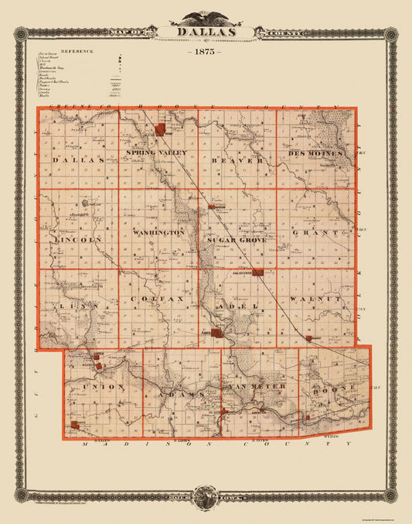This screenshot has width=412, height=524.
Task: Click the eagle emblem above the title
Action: (205, 14)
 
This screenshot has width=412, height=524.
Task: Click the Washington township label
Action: (158, 231)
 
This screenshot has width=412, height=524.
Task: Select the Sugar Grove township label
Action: (236, 241)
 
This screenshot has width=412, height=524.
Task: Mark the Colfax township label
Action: (157, 297)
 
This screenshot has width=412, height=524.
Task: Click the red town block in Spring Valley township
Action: (161, 129)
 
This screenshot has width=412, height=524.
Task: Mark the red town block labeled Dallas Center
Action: (259, 272)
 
